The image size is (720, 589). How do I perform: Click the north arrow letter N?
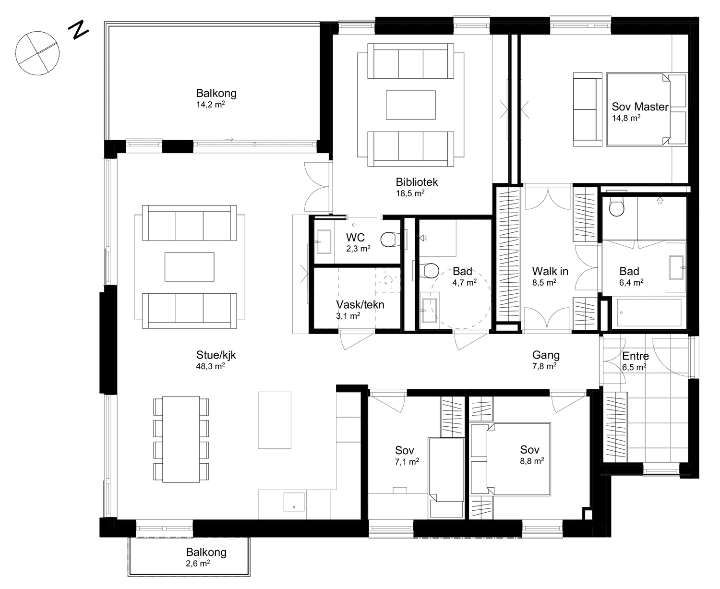pyautogui.click(x=78, y=30)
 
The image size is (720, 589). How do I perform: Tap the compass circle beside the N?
pyautogui.click(x=37, y=53)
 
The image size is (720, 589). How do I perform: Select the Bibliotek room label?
pyautogui.click(x=417, y=182)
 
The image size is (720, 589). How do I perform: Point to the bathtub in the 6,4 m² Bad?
pyautogui.click(x=649, y=313)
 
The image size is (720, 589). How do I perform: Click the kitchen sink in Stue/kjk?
pyautogui.click(x=294, y=502)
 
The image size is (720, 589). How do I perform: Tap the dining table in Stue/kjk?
pyautogui.click(x=181, y=439)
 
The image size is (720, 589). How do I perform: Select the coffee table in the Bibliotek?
pyautogui.click(x=411, y=105)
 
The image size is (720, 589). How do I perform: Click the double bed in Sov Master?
pyautogui.click(x=647, y=109)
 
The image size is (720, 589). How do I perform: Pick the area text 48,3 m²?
pyautogui.click(x=210, y=366)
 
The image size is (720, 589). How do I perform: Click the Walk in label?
pyautogui.click(x=550, y=271)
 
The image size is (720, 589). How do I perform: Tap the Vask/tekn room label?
pyautogui.click(x=360, y=304)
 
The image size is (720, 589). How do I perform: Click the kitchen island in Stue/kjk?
pyautogui.click(x=275, y=420)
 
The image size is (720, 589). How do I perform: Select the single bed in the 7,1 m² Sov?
pyautogui.click(x=446, y=478)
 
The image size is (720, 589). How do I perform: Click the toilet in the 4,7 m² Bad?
pyautogui.click(x=430, y=271)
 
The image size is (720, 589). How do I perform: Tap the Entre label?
pyautogui.click(x=636, y=356)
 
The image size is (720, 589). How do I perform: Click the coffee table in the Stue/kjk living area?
pyautogui.click(x=190, y=267)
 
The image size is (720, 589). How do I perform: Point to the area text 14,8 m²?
pyautogui.click(x=626, y=118)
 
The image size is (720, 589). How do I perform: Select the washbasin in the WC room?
pyautogui.click(x=324, y=242)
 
